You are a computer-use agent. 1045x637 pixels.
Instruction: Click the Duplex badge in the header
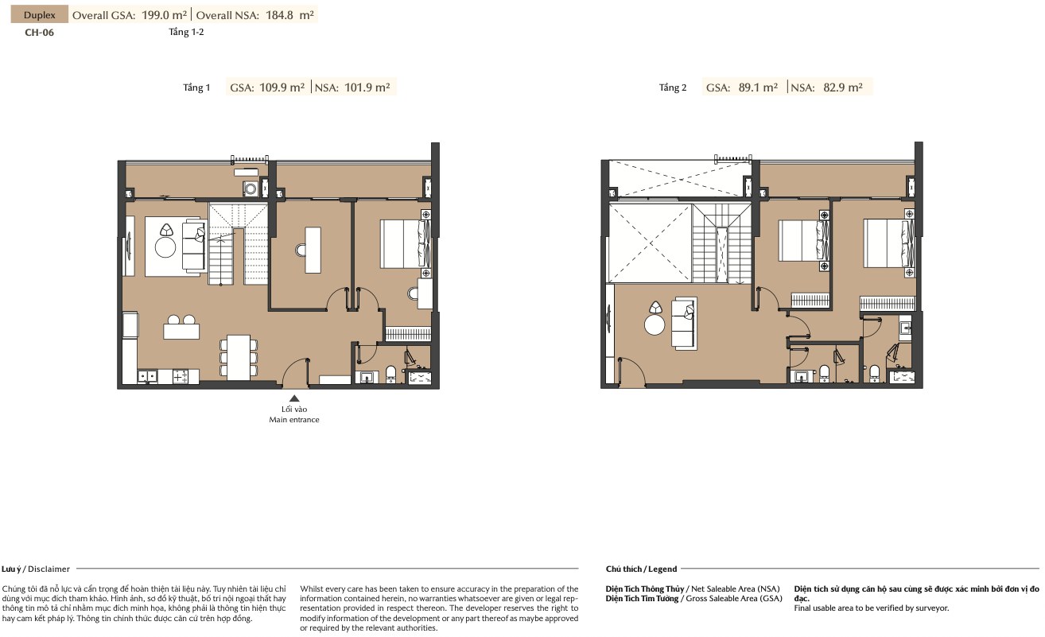point(39,14)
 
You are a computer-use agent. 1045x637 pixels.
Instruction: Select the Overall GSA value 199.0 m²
point(164,15)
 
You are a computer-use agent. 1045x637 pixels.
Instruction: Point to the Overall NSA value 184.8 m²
point(289,15)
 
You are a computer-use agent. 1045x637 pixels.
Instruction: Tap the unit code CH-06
point(39,33)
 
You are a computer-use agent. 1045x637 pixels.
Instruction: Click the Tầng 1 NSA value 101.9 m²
point(367,87)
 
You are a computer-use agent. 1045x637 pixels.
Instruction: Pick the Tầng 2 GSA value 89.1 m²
point(758,87)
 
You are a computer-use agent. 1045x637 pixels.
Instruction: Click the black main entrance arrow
point(294,398)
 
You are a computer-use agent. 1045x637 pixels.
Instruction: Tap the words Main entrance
point(294,420)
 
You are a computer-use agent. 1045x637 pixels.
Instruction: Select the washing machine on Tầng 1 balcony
point(250,189)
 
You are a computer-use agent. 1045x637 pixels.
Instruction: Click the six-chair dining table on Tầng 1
point(239,357)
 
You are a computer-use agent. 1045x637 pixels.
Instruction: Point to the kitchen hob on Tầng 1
point(180,377)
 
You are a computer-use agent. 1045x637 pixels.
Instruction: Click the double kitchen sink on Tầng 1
point(147,376)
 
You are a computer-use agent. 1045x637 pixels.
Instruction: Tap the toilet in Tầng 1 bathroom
point(391,375)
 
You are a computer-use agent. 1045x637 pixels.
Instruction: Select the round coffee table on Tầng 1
point(165,247)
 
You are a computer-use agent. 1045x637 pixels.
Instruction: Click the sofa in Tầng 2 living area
point(684,323)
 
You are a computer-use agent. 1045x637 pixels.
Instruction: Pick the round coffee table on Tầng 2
point(655,324)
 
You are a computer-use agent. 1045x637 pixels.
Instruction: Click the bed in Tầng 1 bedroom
point(406,244)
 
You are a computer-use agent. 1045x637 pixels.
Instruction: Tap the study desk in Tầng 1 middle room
point(313,251)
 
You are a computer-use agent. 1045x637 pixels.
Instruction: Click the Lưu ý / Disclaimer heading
point(36,569)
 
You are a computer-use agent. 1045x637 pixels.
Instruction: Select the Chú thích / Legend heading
point(641,569)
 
